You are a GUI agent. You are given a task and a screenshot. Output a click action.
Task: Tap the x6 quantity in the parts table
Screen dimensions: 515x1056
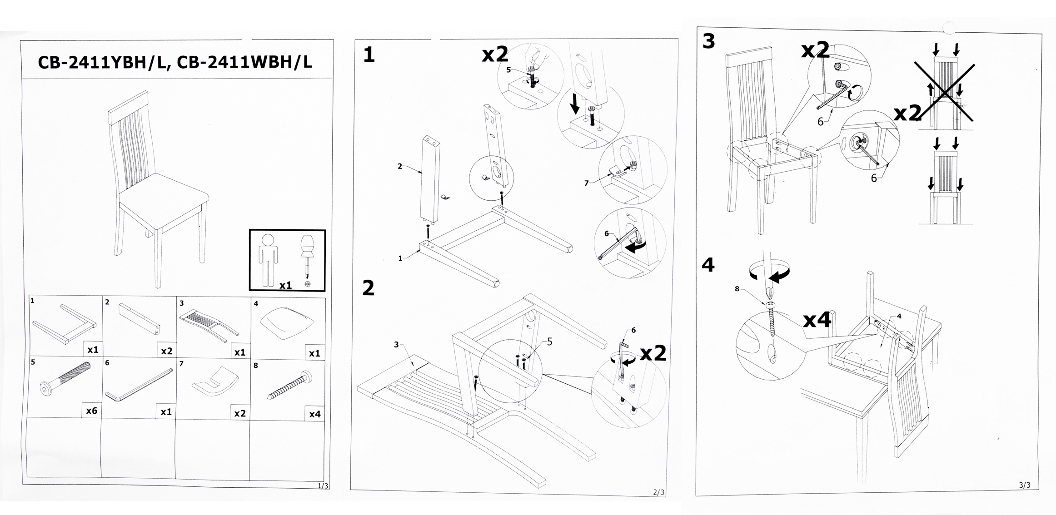91,411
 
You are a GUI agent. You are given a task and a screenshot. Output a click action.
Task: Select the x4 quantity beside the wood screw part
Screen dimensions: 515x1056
314,414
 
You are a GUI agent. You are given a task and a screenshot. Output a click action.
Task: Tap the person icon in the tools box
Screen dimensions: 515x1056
268,259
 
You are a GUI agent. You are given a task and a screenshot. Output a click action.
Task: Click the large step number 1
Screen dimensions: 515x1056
369,55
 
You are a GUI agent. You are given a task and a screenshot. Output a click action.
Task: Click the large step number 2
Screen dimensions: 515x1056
369,288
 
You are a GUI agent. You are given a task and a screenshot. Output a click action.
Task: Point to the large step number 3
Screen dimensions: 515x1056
708,41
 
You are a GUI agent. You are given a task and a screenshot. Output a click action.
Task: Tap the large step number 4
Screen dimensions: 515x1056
708,265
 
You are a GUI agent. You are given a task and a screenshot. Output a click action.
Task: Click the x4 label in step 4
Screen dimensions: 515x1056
817,320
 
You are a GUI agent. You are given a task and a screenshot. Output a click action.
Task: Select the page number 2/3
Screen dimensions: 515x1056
658,492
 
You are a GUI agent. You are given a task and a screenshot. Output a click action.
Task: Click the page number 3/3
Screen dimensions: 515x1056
1025,485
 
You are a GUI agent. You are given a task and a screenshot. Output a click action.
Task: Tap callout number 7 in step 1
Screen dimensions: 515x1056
586,183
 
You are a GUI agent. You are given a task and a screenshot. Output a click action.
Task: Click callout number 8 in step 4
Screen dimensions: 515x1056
737,289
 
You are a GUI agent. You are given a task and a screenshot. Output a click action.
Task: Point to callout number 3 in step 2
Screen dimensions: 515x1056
396,345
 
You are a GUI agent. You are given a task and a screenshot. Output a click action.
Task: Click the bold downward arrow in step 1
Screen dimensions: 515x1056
575,103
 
